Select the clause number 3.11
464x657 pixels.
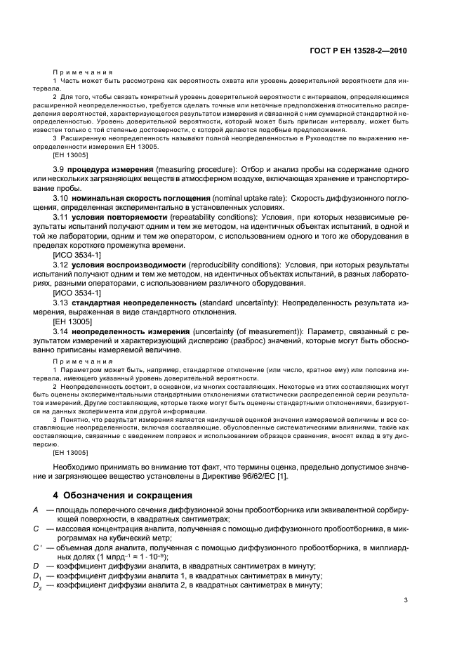pos(61,218)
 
